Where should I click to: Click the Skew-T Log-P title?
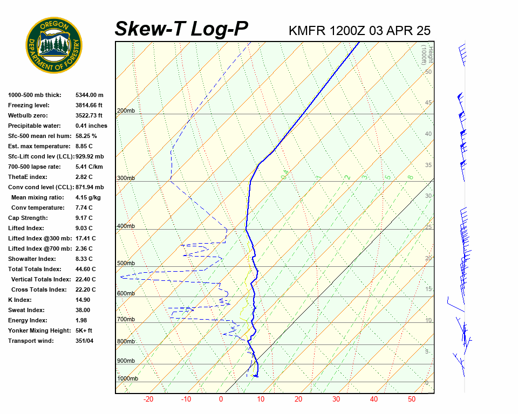[181, 29]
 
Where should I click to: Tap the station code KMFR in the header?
[307, 31]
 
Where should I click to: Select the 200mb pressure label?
[126, 111]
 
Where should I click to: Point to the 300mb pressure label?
[126, 178]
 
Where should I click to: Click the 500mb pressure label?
[126, 263]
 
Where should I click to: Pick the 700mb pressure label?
[126, 320]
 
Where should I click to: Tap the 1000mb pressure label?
[127, 378]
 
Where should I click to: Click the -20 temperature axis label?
[148, 399]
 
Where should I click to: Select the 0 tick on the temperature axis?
[221, 399]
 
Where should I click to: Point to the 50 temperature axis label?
[411, 399]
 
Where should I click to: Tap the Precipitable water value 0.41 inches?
[91, 126]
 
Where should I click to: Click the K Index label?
[20, 300]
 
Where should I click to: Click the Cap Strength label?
[28, 218]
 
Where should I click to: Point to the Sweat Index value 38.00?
[83, 310]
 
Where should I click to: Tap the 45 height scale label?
[428, 103]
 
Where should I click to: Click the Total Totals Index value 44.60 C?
[85, 269]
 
